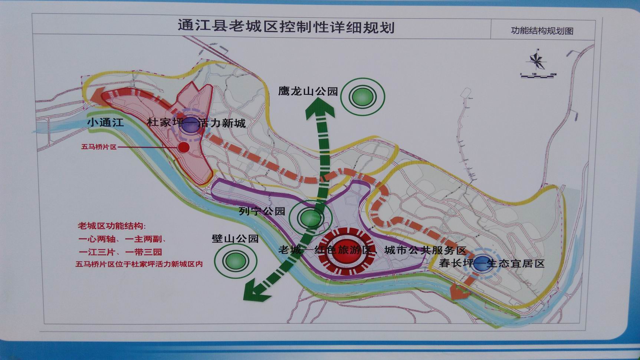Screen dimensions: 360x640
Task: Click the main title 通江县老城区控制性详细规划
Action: click(286, 27)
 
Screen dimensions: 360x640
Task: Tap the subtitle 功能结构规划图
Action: click(542, 31)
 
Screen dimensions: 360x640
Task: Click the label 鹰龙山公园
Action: click(308, 91)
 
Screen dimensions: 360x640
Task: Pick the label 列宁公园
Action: click(262, 211)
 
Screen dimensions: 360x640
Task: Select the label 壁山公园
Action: click(235, 238)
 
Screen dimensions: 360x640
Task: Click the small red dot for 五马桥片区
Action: click(184, 147)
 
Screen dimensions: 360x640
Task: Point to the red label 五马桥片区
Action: click(99, 147)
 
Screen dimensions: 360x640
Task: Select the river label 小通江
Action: click(106, 123)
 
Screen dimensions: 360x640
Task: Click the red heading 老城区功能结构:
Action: click(112, 226)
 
